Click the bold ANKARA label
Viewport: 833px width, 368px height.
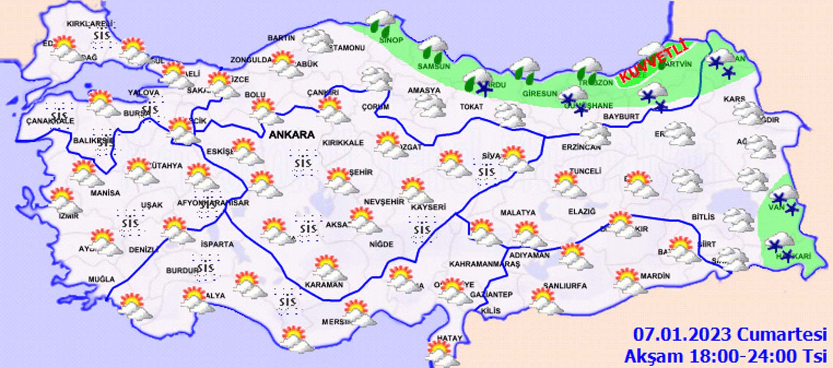coord(292,134)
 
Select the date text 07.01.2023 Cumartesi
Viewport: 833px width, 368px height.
coord(730,335)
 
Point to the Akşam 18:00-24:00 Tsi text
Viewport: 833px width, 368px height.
coord(725,356)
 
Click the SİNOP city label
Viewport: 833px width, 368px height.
coord(391,40)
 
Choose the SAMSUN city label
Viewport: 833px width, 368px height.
coord(433,66)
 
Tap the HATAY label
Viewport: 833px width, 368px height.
coord(449,338)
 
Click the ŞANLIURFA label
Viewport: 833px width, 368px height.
coord(565,286)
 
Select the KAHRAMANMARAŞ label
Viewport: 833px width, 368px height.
coord(484,264)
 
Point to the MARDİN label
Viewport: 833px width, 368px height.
coord(655,276)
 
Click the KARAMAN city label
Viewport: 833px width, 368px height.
coord(324,285)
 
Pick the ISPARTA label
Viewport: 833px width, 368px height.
coord(217,244)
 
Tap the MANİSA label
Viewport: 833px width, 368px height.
coord(105,192)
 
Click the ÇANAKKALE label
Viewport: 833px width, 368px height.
coord(50,121)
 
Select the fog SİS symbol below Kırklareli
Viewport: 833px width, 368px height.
coord(102,35)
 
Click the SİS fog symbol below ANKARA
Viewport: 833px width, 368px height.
coord(303,163)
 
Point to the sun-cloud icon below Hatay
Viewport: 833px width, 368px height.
coord(440,353)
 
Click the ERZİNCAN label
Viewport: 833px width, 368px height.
coord(581,147)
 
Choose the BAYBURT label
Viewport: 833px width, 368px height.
coord(621,117)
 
